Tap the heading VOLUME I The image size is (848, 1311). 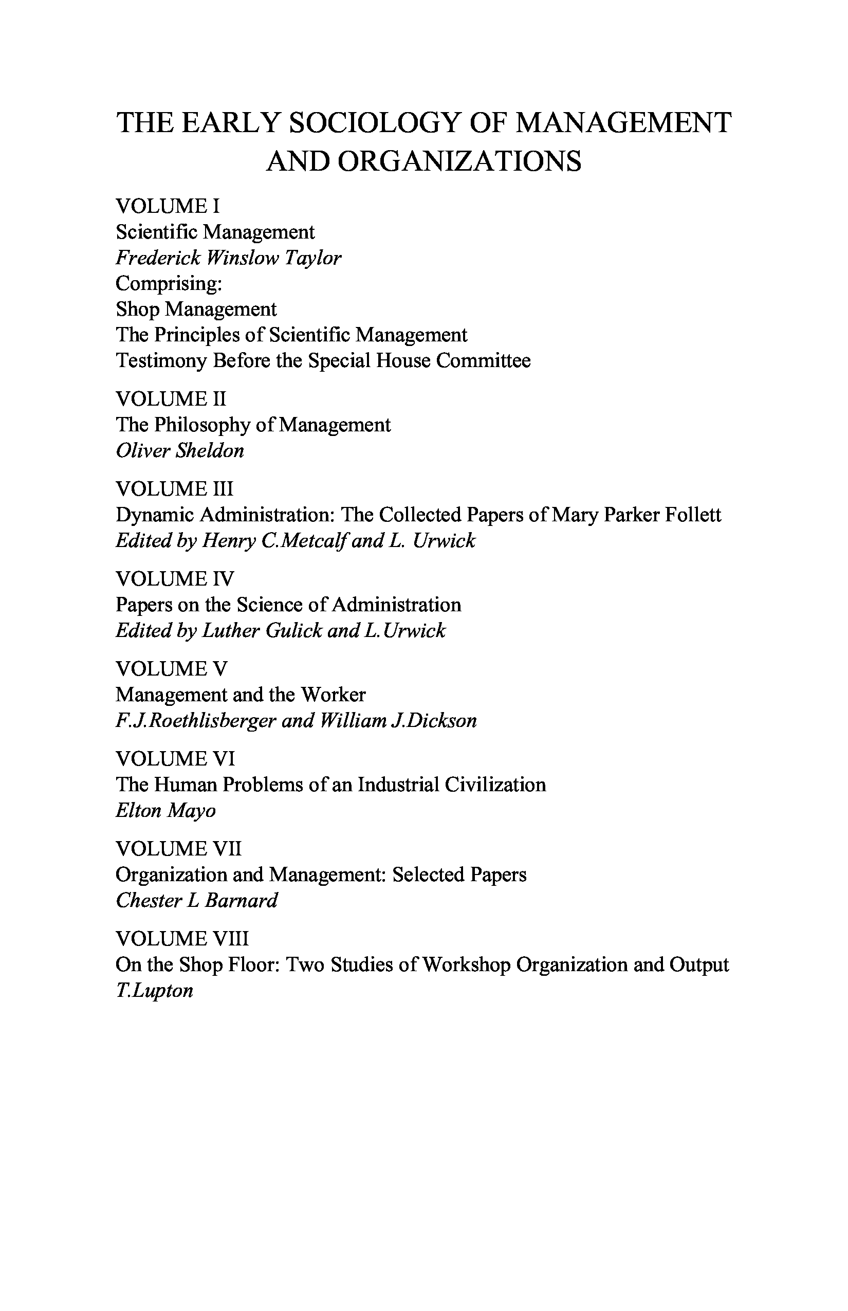168,206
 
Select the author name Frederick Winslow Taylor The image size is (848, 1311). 228,258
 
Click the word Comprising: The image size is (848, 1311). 169,283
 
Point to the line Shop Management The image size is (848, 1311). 195,309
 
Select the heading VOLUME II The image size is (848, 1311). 171,399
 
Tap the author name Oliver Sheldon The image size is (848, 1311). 179,450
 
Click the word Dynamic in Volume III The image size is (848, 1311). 154,515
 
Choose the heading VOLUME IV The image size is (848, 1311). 175,579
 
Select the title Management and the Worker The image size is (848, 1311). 240,695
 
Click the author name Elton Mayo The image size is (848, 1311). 165,810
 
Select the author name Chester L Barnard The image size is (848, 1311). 196,901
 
